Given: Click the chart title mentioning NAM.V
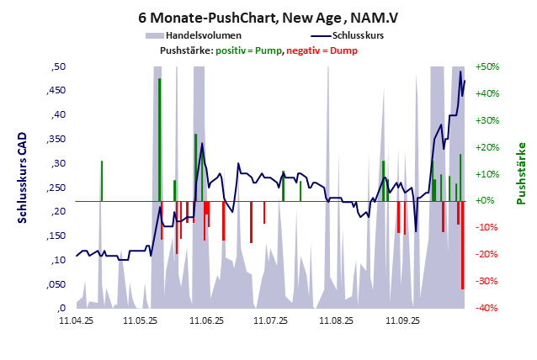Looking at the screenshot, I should point(268,17).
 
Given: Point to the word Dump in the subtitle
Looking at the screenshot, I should point(343,50).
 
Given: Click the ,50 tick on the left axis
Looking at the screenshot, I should point(56,66).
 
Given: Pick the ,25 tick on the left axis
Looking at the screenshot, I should point(56,188).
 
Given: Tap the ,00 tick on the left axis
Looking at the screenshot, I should point(56,309).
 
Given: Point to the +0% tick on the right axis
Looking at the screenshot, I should point(489,201).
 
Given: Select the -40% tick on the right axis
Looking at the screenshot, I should point(487,309).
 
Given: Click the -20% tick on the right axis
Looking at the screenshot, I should point(487,255).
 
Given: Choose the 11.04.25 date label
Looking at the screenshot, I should point(76,320).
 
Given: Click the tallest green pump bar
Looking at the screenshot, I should point(159,139).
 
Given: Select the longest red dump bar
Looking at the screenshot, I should point(462,244).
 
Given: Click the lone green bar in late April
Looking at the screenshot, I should point(101,180).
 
